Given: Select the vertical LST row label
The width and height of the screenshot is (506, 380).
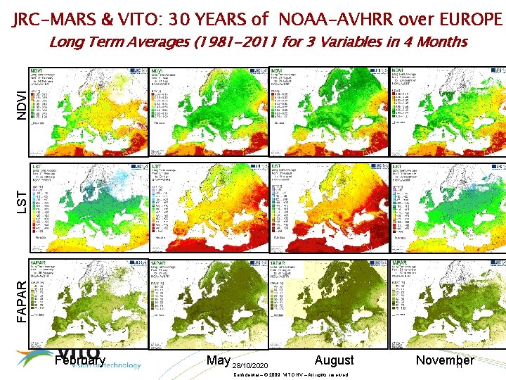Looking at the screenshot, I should click(22, 200).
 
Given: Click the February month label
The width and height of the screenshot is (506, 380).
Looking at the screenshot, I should click(79, 360).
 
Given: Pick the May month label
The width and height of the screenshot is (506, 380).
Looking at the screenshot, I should click(218, 360).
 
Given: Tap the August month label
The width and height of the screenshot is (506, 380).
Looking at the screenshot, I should click(335, 360).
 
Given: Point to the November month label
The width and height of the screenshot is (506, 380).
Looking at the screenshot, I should click(445, 360).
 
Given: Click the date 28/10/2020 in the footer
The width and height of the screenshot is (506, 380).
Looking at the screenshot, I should click(250, 366).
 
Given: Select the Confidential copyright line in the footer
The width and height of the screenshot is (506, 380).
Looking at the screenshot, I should click(289, 374).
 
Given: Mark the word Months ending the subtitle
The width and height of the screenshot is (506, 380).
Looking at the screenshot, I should click(441, 42).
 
